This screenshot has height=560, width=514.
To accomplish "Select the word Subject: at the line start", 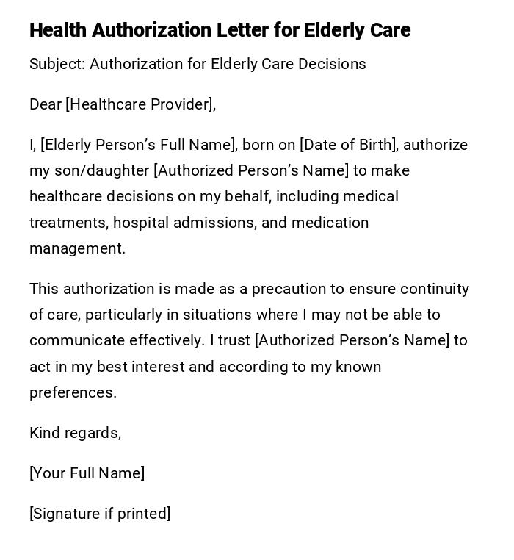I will [x=57, y=64].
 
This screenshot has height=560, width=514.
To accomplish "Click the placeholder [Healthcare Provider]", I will [x=140, y=104].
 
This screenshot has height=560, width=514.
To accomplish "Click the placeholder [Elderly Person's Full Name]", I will [x=139, y=145].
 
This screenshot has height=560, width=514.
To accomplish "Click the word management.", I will [x=77, y=248].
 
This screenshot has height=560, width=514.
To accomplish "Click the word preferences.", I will [x=73, y=392].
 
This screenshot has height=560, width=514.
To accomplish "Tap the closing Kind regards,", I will [x=75, y=433].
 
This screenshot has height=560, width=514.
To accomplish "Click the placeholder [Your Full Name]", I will [x=87, y=473].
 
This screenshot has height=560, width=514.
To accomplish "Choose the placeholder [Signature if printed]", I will [x=100, y=514].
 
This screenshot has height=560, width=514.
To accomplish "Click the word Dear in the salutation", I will [x=46, y=104].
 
